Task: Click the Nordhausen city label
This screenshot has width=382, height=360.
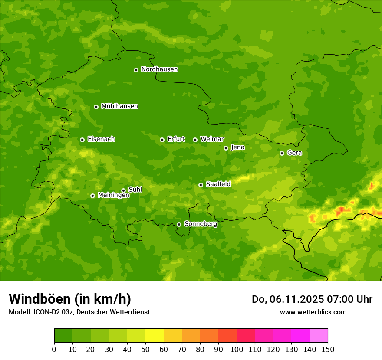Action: point(159,69)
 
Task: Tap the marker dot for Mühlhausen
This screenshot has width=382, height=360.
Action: point(96,107)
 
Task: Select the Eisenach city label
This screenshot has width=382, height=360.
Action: point(101,139)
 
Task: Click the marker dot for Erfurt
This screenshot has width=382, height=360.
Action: point(162,140)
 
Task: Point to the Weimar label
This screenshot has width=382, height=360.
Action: point(212,139)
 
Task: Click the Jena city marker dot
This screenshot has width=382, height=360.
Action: point(226,148)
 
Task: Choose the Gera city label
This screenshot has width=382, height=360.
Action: point(294,153)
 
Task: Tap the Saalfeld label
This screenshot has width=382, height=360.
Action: point(218,184)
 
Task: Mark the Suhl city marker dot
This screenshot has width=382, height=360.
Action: point(123,190)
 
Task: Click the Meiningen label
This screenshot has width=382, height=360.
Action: point(113,196)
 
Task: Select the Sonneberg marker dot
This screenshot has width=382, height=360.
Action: point(179,224)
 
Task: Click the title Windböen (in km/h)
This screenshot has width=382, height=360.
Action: point(69,299)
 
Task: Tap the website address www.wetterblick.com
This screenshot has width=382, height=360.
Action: point(313,312)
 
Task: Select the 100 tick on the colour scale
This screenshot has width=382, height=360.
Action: point(237,349)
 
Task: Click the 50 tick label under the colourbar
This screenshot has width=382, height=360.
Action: point(145,349)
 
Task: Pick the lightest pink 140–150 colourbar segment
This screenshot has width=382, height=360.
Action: point(319,336)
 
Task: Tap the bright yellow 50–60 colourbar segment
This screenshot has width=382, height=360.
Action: point(155,336)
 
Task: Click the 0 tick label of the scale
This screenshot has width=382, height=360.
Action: point(54,349)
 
